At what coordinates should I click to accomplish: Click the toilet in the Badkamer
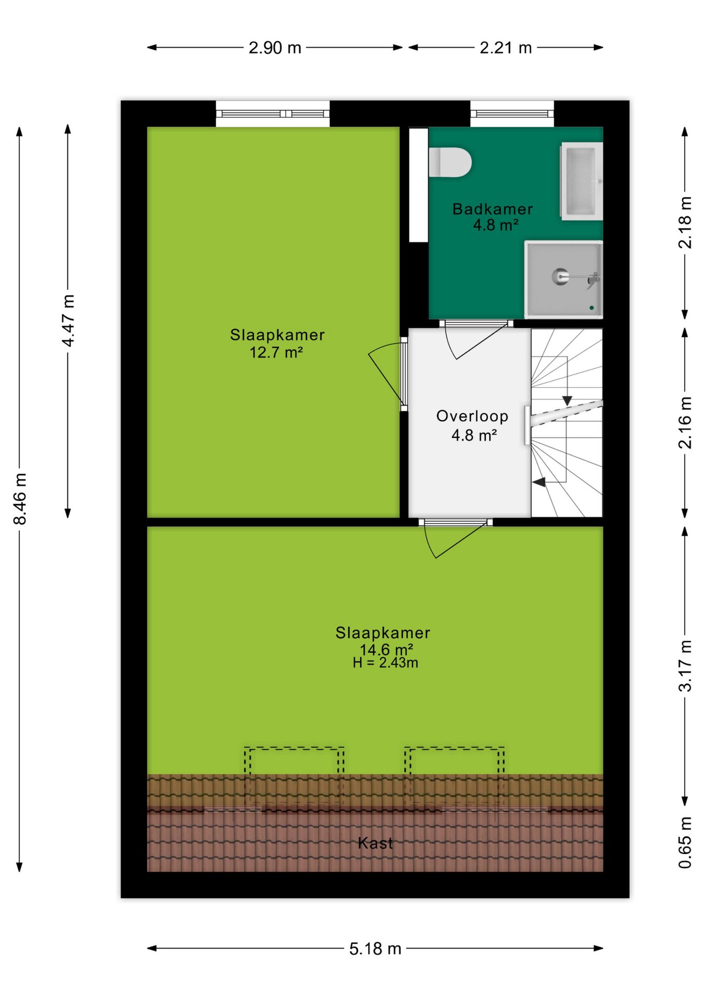point(450,162)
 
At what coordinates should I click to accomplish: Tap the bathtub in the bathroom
point(581,182)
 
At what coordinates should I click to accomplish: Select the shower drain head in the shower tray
point(560,276)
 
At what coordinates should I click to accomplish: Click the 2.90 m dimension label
point(275,48)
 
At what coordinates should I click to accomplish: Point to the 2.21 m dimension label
point(505,48)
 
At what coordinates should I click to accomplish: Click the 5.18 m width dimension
point(375,949)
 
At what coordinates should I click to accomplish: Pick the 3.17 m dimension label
point(685,666)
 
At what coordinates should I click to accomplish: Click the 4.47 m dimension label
point(68,321)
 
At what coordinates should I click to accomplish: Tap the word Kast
point(375,843)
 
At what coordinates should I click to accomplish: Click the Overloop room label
point(472,416)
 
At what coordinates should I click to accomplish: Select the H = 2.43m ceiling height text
point(385,662)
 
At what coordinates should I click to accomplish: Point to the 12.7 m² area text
point(276,353)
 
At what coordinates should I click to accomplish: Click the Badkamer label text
point(492,209)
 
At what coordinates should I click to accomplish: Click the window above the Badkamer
point(512,114)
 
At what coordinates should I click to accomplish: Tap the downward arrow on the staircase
point(568,401)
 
